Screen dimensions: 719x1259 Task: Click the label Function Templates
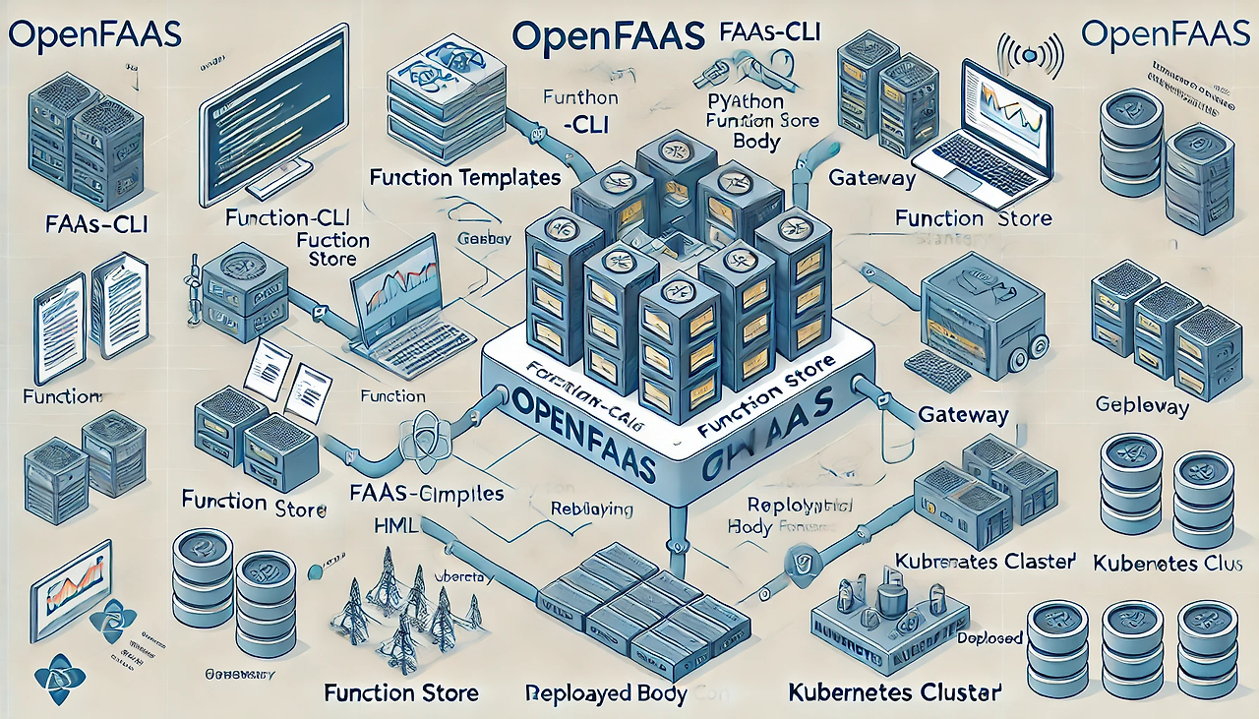465,178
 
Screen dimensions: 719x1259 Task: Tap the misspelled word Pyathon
745,101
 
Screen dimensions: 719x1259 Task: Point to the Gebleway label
1141,406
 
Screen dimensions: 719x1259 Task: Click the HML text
396,526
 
